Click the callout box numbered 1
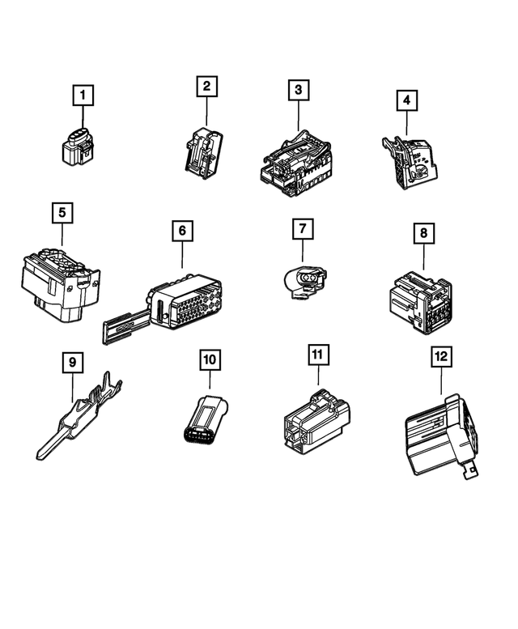click(81, 96)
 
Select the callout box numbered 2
click(206, 86)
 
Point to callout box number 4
click(407, 101)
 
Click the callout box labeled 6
click(182, 232)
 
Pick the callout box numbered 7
click(302, 229)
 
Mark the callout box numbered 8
click(422, 234)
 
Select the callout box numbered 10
click(210, 359)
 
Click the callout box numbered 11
click(317, 355)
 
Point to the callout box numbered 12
click(441, 355)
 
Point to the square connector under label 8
click(419, 301)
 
